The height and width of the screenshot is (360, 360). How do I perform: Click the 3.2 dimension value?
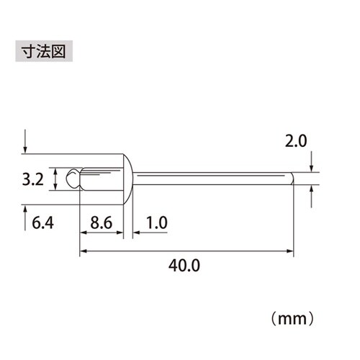click(x=33, y=179)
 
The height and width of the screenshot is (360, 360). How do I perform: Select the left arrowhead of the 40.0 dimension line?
click(x=82, y=251)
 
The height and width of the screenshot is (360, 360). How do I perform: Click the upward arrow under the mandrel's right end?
click(x=312, y=192)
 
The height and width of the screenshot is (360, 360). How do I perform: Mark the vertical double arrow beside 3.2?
click(x=57, y=179)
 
